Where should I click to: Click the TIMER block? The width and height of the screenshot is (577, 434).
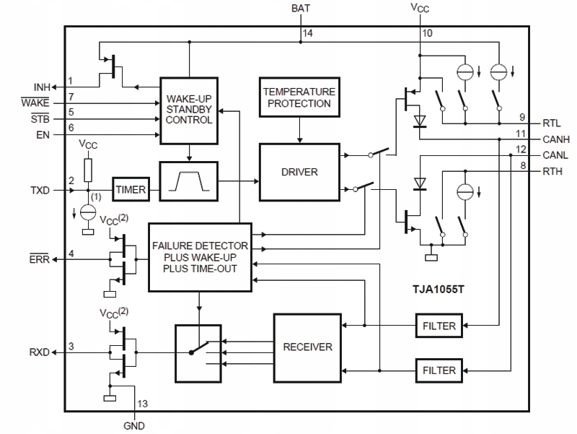(131, 189)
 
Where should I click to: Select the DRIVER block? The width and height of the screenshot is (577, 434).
(299, 172)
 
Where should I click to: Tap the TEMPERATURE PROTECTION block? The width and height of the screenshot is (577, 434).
(299, 97)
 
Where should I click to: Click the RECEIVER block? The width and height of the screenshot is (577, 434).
(307, 348)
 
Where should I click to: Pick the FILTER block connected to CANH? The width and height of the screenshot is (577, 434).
(439, 326)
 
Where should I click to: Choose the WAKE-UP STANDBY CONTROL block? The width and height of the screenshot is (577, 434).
(189, 110)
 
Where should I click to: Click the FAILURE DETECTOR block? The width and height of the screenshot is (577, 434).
(200, 257)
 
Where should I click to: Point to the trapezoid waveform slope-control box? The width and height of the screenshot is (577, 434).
(189, 181)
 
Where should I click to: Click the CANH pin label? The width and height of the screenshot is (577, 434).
(556, 139)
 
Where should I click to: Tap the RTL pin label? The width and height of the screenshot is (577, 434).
(552, 123)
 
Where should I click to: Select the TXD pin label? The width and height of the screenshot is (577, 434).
(40, 191)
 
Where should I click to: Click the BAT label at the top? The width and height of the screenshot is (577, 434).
(301, 8)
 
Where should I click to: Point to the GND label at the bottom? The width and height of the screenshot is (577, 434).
(134, 426)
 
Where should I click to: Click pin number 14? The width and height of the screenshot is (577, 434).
(308, 33)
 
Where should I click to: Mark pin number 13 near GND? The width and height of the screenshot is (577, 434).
(142, 404)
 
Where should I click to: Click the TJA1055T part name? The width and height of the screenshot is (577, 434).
(439, 289)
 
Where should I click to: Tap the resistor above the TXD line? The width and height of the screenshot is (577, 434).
(88, 170)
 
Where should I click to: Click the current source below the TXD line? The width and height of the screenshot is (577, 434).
(88, 212)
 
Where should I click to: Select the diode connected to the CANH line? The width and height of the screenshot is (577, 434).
(420, 121)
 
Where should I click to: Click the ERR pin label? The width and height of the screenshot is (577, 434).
(40, 259)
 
